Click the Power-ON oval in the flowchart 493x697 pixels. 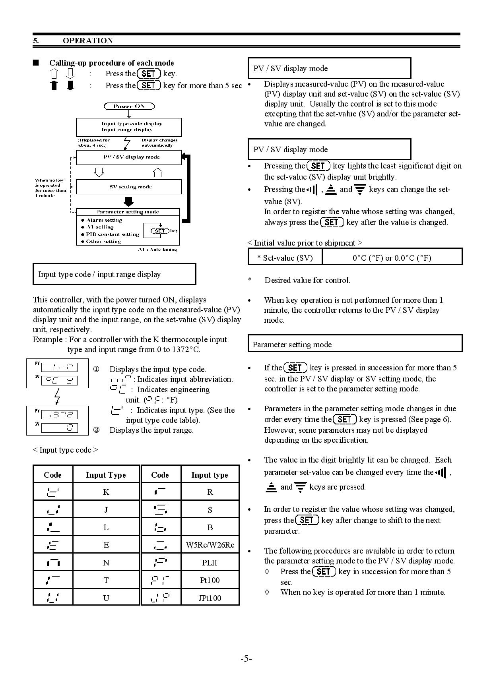click(129, 106)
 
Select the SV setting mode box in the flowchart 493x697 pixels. click(129, 187)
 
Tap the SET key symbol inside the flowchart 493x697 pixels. click(159, 231)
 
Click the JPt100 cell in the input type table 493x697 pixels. click(210, 598)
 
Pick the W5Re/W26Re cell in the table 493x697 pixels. click(210, 545)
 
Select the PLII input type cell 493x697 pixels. click(210, 563)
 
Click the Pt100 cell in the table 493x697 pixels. click(210, 580)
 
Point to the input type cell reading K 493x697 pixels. click(106, 492)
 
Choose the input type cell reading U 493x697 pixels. click(106, 598)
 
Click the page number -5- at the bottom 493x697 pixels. click(246, 658)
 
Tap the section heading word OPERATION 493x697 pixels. click(88, 41)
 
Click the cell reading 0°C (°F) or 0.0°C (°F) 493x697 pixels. click(392, 258)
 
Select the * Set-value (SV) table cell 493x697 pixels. click(285, 258)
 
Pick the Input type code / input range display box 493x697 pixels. click(114, 274)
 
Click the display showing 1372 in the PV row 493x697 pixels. click(59, 415)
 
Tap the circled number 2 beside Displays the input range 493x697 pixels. click(96, 430)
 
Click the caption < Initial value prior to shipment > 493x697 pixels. click(305, 243)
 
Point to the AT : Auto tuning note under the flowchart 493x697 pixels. click(157, 249)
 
